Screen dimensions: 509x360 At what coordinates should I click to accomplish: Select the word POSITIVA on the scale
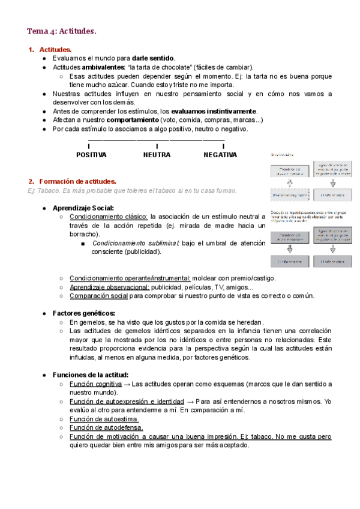(91, 155)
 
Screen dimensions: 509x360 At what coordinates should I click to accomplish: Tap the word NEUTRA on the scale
(157, 155)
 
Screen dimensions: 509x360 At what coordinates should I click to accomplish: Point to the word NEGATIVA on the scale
(220, 155)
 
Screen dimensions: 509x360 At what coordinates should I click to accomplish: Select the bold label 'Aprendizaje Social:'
(83, 208)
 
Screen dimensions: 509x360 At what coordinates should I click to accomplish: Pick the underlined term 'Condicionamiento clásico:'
(109, 217)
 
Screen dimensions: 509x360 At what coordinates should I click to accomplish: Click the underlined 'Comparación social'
(98, 296)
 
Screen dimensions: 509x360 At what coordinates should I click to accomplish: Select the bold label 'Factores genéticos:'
(84, 313)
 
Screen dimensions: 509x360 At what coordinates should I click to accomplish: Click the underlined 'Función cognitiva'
(95, 384)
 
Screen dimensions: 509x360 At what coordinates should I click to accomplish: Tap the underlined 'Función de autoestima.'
(104, 419)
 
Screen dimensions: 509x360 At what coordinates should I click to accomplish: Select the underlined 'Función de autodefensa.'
(106, 427)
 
